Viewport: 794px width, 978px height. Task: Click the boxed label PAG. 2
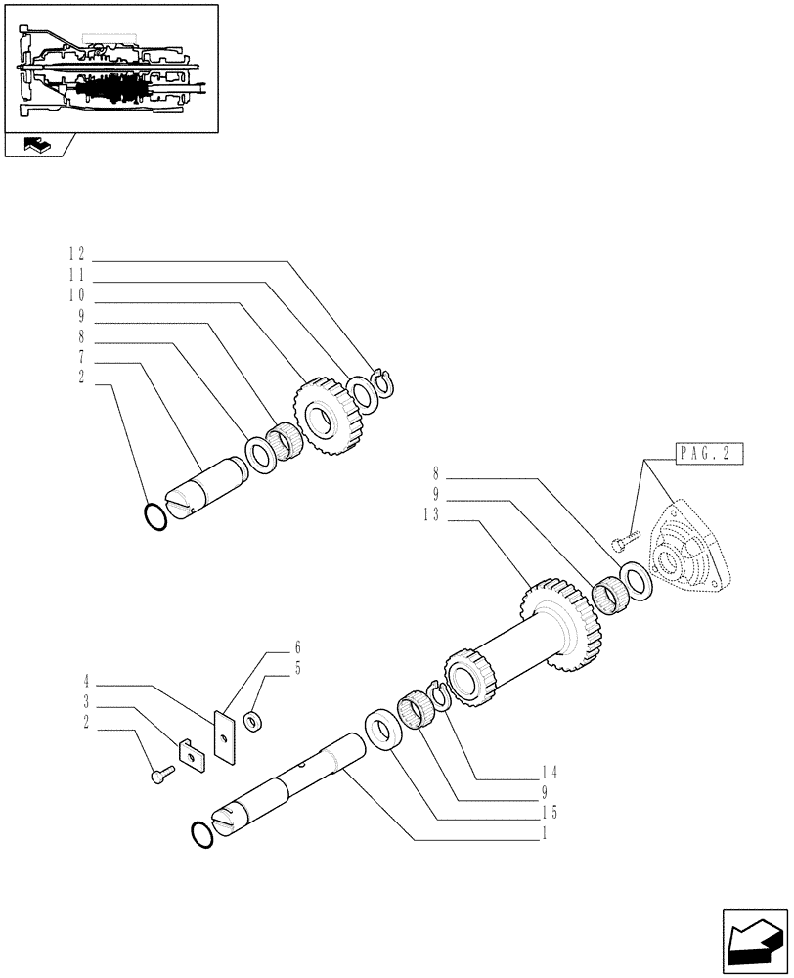708,455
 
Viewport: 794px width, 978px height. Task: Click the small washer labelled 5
253,722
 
